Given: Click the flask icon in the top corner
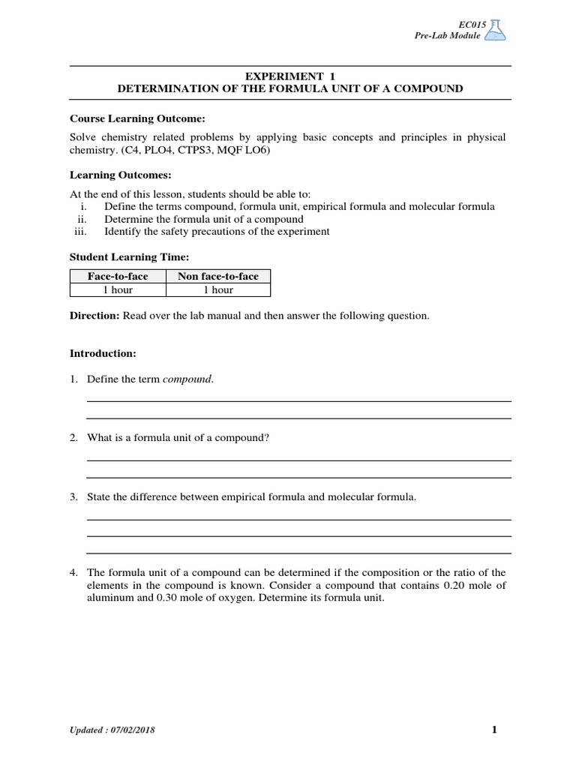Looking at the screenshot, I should [495, 30].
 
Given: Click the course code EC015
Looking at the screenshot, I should [467, 25].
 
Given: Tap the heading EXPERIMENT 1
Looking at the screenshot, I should [289, 76].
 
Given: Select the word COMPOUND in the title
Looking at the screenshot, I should [426, 88].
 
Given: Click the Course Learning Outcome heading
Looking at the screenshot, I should [137, 118].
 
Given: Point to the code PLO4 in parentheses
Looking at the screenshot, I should [149, 150].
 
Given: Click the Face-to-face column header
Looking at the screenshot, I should [118, 276].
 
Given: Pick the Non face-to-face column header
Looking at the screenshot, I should [217, 276].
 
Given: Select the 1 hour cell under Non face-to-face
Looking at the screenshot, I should [217, 289].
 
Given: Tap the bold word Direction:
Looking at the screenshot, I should [94, 316].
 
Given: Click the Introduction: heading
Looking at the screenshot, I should [103, 352].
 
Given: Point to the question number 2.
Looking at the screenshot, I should [73, 437].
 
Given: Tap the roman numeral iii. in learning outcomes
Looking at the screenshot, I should [79, 232].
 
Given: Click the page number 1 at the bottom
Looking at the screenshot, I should [494, 730].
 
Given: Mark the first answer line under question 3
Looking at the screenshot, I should [298, 519].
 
